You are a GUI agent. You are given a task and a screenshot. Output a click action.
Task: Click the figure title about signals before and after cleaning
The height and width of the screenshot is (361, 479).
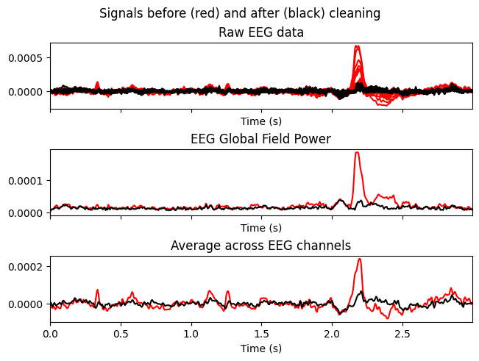tap(239, 13)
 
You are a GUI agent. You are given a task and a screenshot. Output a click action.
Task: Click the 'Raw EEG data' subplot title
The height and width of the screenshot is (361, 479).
tap(261, 32)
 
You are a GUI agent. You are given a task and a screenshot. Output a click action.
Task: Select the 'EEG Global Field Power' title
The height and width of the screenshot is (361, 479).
tap(261, 138)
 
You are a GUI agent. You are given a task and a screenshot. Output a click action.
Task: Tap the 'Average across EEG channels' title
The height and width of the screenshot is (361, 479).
tap(261, 246)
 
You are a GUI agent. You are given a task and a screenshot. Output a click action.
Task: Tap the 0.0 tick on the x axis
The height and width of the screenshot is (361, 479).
tap(50, 333)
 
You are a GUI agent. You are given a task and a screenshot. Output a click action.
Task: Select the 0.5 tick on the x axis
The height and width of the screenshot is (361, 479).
tap(121, 333)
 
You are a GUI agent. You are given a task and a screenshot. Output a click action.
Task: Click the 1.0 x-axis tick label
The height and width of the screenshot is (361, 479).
tap(191, 333)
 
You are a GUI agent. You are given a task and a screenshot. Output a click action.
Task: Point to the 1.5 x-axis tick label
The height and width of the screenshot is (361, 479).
tap(262, 333)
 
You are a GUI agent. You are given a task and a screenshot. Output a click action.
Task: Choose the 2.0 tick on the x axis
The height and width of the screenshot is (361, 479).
tap(332, 333)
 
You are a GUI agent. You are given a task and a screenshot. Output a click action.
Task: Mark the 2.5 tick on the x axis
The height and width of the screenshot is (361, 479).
tap(402, 333)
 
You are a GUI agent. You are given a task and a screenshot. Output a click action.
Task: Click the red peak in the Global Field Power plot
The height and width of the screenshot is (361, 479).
tap(357, 153)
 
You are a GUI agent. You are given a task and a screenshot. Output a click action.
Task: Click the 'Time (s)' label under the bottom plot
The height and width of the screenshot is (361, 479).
tap(261, 348)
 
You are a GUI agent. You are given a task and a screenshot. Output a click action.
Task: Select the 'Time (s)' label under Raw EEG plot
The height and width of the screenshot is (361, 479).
tap(261, 121)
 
